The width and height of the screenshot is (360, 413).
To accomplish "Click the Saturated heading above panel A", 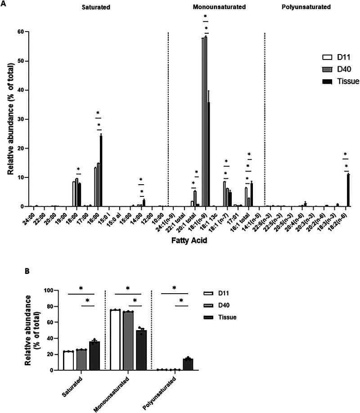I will tap(96, 8).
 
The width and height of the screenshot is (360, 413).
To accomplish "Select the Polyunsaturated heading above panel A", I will tap(305, 8).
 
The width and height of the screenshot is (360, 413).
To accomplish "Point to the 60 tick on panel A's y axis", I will tap(20, 32).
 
